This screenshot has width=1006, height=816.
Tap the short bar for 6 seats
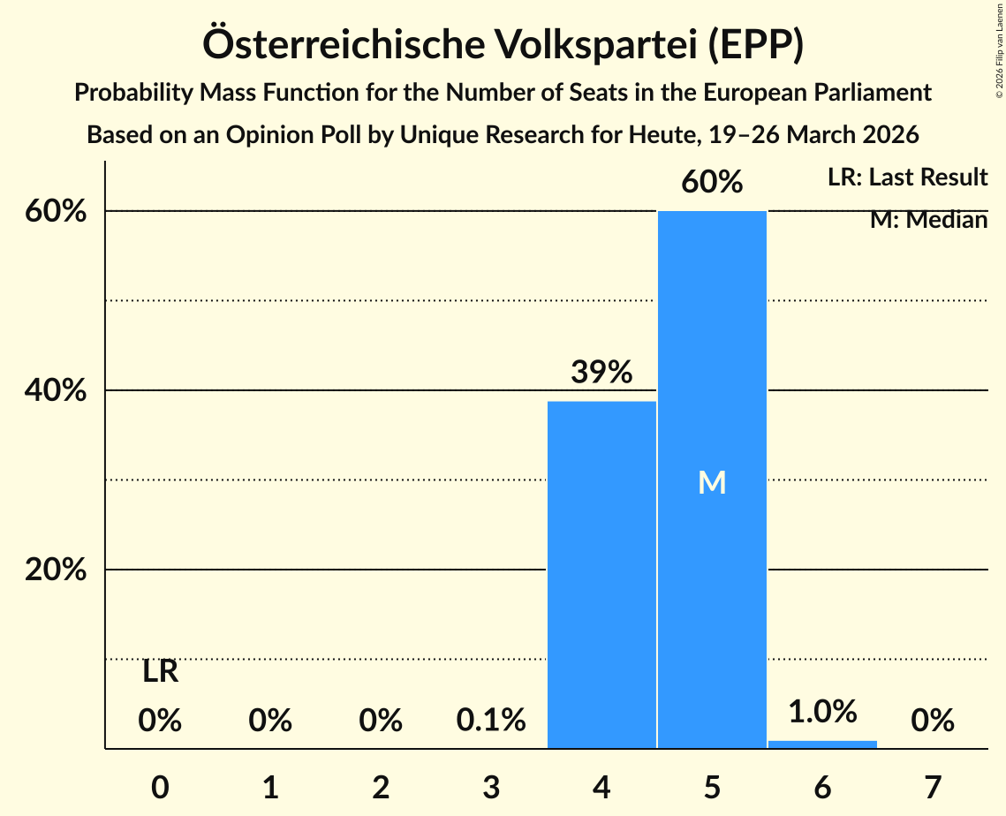click(822, 744)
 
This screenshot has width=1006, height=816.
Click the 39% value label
click(601, 372)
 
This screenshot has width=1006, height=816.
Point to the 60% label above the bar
click(712, 182)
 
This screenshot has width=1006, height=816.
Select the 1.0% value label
click(822, 711)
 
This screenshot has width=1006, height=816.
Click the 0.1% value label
click(491, 721)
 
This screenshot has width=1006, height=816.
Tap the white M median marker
click(712, 482)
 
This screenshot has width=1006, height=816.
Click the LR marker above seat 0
click(160, 672)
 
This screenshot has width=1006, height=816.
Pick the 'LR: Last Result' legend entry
click(907, 178)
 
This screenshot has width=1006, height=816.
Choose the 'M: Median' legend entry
click(928, 220)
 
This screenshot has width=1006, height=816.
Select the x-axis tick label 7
click(933, 787)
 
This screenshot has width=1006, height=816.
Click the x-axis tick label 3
click(491, 787)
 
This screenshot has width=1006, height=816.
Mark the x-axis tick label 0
click(160, 787)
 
